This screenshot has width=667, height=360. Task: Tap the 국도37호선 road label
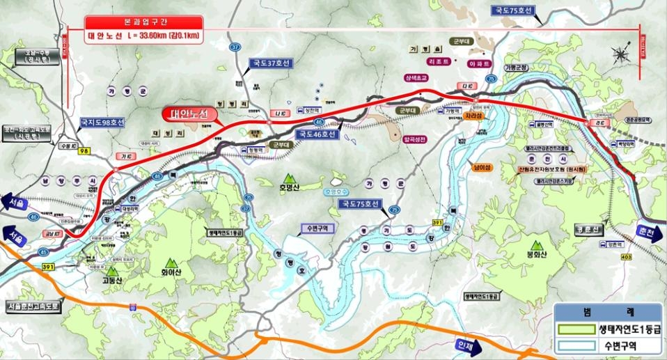(x=272, y=63)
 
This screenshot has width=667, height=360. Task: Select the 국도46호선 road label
(x=316, y=134)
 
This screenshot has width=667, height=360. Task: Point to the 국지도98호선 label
(x=102, y=123)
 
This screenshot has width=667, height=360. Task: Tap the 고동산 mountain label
(x=112, y=281)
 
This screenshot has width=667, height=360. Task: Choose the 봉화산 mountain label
(x=536, y=255)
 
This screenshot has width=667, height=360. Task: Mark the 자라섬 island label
(x=474, y=116)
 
